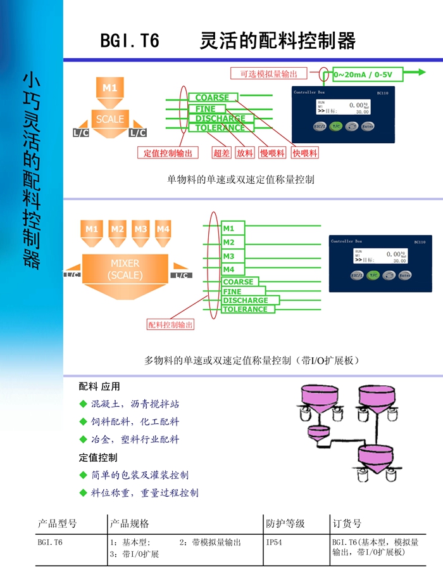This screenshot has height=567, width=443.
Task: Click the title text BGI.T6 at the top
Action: [x=130, y=41]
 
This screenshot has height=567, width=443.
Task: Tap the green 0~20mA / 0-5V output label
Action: [x=363, y=75]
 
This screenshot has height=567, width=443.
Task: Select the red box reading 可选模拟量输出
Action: [x=273, y=73]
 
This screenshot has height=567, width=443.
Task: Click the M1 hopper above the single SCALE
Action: [x=110, y=89]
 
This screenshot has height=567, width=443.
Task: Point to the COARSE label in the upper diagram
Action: [x=212, y=98]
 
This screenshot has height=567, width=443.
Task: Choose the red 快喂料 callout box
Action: [x=305, y=153]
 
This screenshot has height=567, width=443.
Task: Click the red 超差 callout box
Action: [x=221, y=153]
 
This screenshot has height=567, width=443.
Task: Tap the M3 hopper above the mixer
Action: [x=140, y=229]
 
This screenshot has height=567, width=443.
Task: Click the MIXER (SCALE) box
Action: [x=125, y=270]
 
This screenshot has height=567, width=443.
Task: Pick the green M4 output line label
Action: [x=228, y=270]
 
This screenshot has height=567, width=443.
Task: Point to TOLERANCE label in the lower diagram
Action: [x=245, y=309]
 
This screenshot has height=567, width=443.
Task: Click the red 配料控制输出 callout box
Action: [x=171, y=325]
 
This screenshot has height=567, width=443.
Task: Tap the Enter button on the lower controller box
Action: [x=404, y=276]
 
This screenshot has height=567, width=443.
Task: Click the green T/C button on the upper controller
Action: [x=337, y=127]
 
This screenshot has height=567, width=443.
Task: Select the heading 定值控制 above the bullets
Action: [x=98, y=457]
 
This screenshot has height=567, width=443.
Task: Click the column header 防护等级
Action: [x=285, y=523]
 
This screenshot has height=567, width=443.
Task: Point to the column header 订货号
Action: [x=347, y=523]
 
